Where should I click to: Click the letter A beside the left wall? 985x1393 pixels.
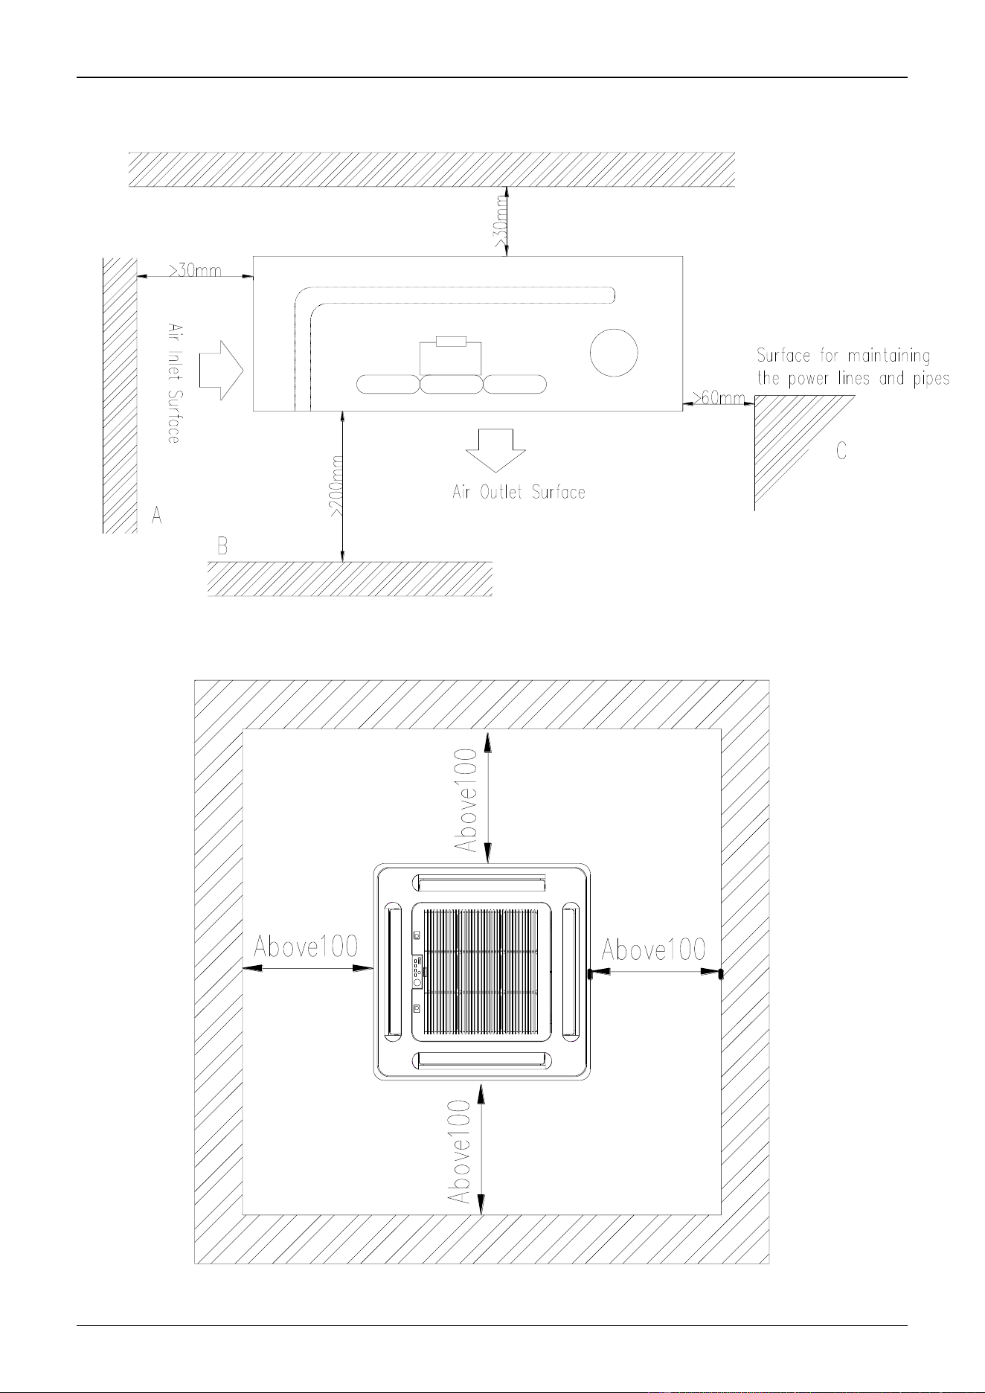156,515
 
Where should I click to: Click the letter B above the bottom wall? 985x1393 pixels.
222,546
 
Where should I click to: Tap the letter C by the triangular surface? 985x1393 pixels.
841,451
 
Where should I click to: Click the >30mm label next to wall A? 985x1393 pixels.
195,271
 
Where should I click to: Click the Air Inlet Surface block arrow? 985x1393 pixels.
222,369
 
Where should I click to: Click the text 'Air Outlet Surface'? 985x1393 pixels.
519,492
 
